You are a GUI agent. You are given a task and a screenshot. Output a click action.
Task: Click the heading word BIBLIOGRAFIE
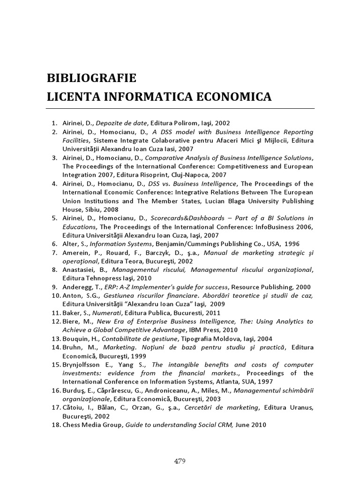91,77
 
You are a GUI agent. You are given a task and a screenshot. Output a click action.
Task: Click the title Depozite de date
122,123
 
